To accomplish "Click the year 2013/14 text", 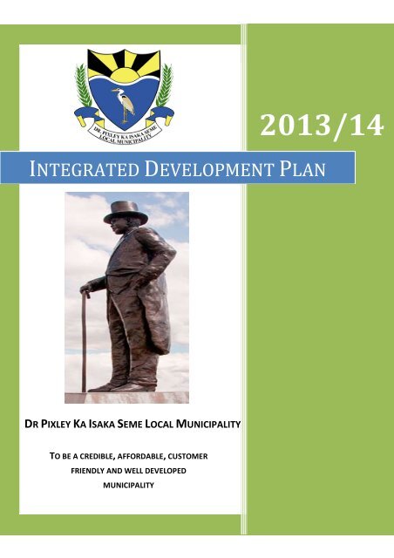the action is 322,126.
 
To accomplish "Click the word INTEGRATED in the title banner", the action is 84,169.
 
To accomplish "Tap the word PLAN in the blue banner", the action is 302,169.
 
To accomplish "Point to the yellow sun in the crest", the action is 124,74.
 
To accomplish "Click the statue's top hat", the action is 126,213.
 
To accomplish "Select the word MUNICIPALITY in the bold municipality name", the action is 208,425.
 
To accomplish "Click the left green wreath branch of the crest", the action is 83,85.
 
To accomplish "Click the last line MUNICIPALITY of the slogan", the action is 128,486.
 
